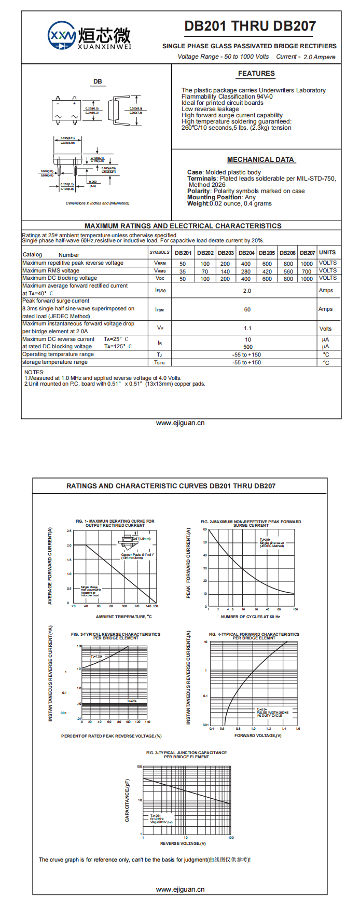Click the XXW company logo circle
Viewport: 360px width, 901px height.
pos(62,36)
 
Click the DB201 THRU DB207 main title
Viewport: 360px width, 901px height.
pos(250,26)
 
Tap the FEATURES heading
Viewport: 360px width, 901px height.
pos(256,74)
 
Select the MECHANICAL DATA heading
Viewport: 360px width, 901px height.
pos(260,160)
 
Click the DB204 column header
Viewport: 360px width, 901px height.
pos(246,253)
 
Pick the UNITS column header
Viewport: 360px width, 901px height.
pos(327,253)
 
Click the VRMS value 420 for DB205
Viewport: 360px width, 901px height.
pos(267,271)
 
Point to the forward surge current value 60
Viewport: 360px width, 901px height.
pos(247,309)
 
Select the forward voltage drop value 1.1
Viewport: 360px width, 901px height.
pos(247,328)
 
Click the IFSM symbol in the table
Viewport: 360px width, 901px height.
pos(159,310)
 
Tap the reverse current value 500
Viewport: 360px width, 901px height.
pos(248,347)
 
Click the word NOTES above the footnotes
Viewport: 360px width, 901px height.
pos(34,372)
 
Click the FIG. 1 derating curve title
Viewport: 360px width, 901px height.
pos(115,523)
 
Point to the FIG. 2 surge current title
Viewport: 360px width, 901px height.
pos(251,523)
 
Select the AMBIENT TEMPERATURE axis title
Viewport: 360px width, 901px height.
pos(124,617)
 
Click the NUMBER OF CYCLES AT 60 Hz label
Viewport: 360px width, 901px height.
pos(251,617)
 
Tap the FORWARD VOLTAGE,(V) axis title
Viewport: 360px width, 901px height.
pos(258,735)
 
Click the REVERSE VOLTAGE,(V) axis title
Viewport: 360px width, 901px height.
pos(183,843)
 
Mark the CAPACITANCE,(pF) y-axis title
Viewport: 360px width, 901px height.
pos(127,800)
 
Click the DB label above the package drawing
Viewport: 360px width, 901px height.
pos(98,81)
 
